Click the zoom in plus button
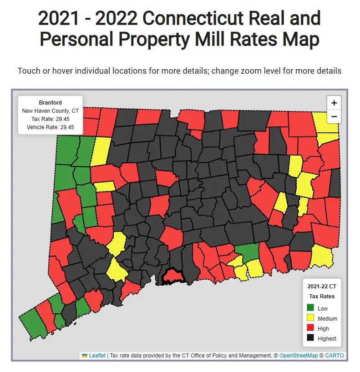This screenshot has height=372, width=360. click(x=334, y=102)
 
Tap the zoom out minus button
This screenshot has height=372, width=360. click(x=334, y=116)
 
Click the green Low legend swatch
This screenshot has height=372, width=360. click(x=311, y=308)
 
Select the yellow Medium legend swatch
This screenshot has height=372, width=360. click(x=311, y=318)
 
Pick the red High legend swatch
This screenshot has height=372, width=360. click(x=311, y=328)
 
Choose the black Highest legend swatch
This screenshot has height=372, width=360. click(x=311, y=338)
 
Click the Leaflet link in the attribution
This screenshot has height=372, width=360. click(x=97, y=356)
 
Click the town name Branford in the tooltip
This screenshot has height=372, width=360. click(x=50, y=103)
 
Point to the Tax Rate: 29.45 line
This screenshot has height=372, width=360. click(x=50, y=119)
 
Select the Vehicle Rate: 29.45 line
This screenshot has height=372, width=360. click(x=50, y=127)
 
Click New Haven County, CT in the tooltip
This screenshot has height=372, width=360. click(x=50, y=111)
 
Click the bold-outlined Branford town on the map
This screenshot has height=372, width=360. click(x=172, y=276)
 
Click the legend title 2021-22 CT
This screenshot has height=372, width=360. click(x=322, y=287)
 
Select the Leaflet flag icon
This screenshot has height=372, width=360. click(x=84, y=356)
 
